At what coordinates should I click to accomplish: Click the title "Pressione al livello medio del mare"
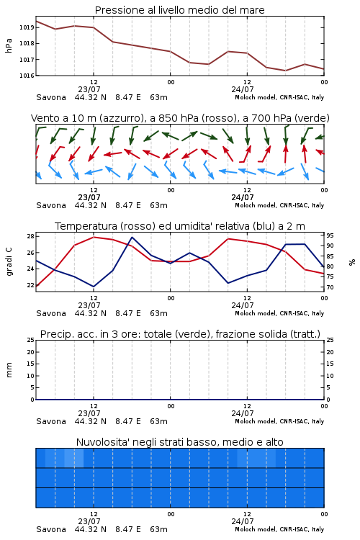(179, 10)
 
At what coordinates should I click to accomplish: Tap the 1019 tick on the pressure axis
(27, 27)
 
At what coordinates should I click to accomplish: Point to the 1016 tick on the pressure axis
(27, 76)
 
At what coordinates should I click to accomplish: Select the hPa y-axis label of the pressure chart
(9, 46)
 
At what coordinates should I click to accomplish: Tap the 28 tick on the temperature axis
(30, 236)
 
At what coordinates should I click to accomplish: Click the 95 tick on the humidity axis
(330, 235)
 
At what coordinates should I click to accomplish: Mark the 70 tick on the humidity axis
(330, 287)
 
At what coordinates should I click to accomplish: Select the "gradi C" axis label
(9, 262)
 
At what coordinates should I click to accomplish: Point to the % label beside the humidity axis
(352, 262)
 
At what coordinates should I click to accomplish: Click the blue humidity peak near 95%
(132, 238)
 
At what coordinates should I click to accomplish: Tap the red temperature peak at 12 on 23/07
(94, 237)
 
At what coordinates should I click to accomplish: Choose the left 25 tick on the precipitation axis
(30, 340)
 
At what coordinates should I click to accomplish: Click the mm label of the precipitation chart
(9, 370)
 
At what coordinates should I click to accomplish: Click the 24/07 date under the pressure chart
(243, 89)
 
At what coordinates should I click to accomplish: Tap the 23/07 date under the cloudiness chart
(89, 521)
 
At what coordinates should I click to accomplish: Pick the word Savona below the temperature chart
(51, 313)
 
